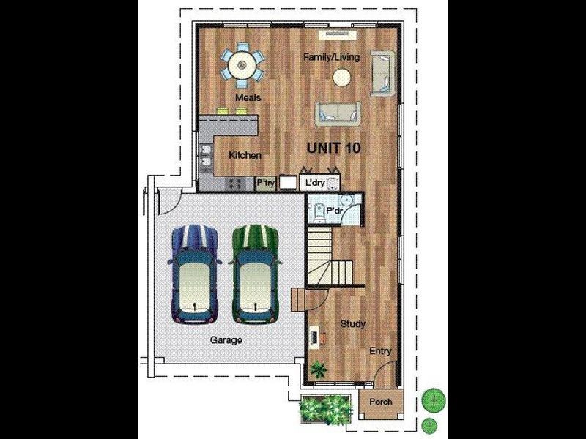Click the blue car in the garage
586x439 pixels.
click(194, 274)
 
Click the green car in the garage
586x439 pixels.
click(256, 274)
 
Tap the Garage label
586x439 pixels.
click(226, 340)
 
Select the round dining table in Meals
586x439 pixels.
click(242, 65)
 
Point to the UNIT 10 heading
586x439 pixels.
click(334, 149)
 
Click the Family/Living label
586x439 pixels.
click(332, 57)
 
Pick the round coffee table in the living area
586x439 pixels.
click(342, 78)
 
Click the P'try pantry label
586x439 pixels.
click(266, 184)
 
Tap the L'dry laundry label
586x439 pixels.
click(315, 183)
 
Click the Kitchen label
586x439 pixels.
click(245, 155)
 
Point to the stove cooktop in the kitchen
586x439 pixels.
click(235, 184)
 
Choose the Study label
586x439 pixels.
click(353, 324)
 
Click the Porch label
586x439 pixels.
click(381, 402)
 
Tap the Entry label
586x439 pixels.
click(380, 351)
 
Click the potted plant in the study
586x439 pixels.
click(319, 370)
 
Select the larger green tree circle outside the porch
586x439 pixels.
click(434, 399)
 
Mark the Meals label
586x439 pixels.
click(248, 98)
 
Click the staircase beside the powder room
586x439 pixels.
click(330, 255)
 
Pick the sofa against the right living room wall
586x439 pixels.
click(382, 74)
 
